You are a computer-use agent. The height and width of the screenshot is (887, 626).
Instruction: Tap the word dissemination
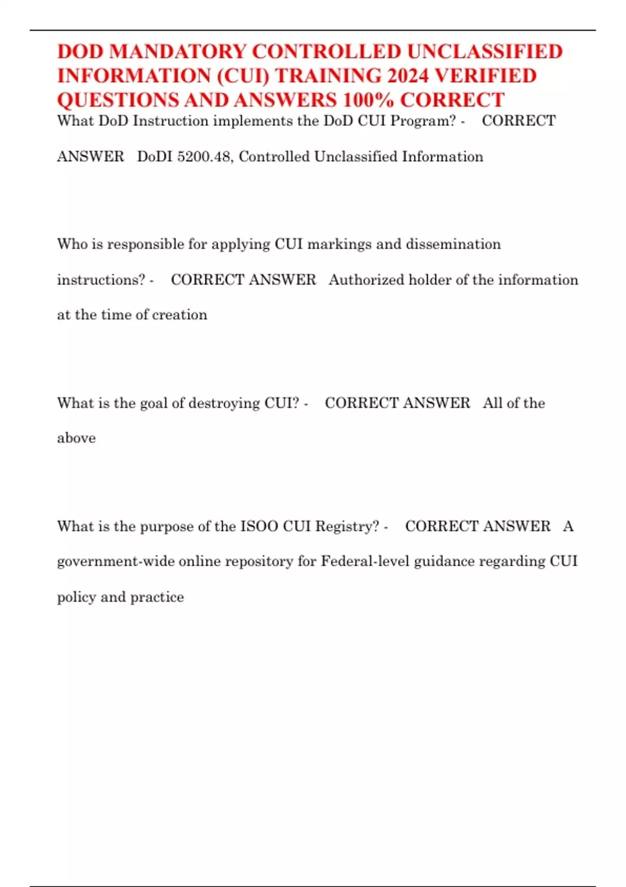453,244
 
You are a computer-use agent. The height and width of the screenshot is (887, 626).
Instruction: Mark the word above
76,438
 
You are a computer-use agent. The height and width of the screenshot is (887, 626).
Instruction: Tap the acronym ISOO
259,526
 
